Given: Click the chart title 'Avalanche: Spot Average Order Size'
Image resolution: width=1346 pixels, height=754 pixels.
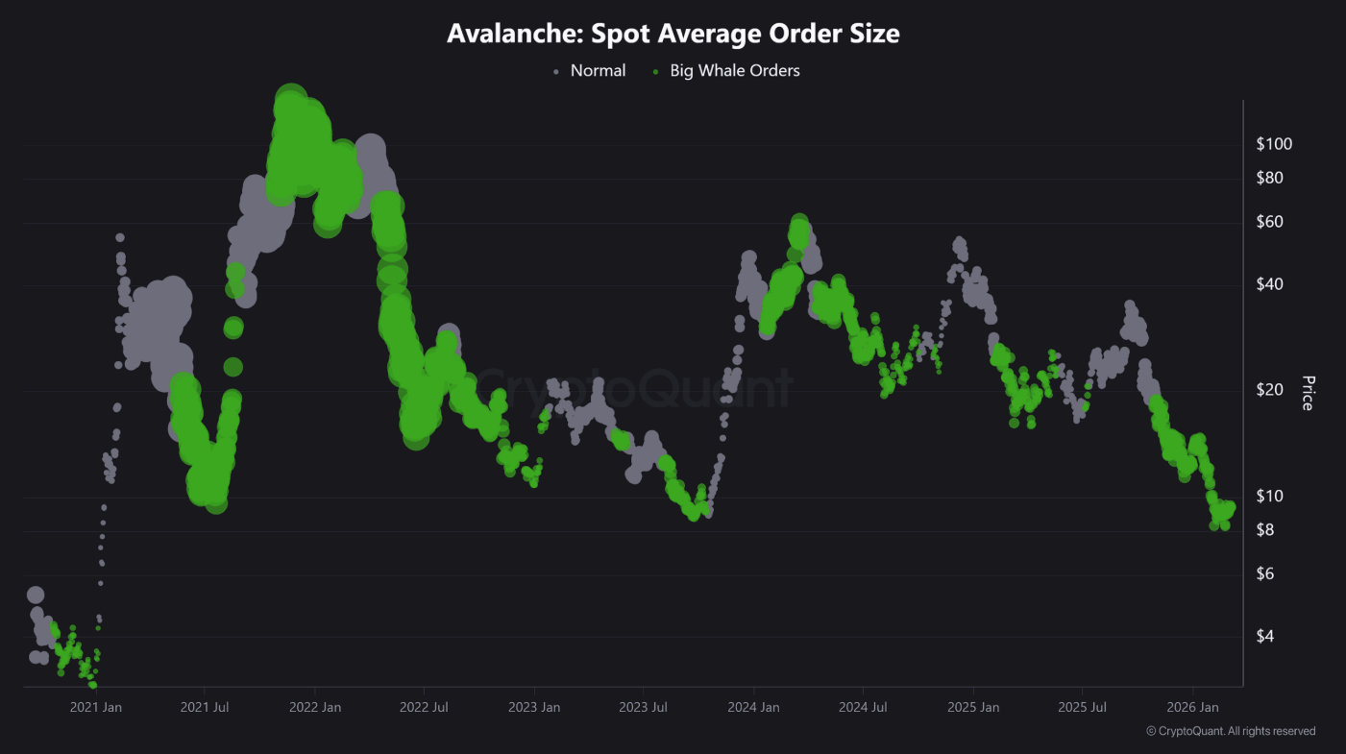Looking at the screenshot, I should [x=673, y=34].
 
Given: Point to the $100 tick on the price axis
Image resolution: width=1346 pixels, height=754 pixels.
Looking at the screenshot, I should [x=1274, y=145].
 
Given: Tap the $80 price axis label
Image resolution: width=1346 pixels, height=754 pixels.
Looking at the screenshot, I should [x=1269, y=179].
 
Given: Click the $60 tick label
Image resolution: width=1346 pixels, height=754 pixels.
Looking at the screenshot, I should [x=1269, y=223].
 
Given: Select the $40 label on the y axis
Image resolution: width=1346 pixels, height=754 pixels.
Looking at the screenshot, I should [x=1269, y=285].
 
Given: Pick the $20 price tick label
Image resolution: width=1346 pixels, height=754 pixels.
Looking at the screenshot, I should [x=1269, y=390].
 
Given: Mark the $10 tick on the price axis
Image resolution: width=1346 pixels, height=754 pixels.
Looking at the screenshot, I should [x=1269, y=497].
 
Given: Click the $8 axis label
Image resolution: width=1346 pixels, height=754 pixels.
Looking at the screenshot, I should [x=1265, y=530].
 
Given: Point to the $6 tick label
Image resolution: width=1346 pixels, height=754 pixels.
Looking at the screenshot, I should [x=1265, y=574].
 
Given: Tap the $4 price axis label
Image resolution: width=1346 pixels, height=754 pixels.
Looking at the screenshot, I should [x=1265, y=637].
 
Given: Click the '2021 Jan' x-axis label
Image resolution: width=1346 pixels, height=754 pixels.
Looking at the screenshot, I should [x=96, y=708].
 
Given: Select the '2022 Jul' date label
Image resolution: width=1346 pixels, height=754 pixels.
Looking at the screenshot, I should [x=424, y=708].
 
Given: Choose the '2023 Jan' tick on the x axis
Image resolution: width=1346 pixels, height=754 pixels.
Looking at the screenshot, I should [x=534, y=708].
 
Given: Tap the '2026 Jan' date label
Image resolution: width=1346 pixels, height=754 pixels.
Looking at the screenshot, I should [x=1192, y=708].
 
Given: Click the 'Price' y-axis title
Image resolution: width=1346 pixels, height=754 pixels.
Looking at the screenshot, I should [x=1307, y=393].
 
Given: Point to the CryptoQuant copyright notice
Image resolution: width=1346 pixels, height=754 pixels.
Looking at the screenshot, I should [x=1231, y=732].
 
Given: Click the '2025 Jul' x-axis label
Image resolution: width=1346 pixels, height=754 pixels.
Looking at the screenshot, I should [x=1082, y=708].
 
